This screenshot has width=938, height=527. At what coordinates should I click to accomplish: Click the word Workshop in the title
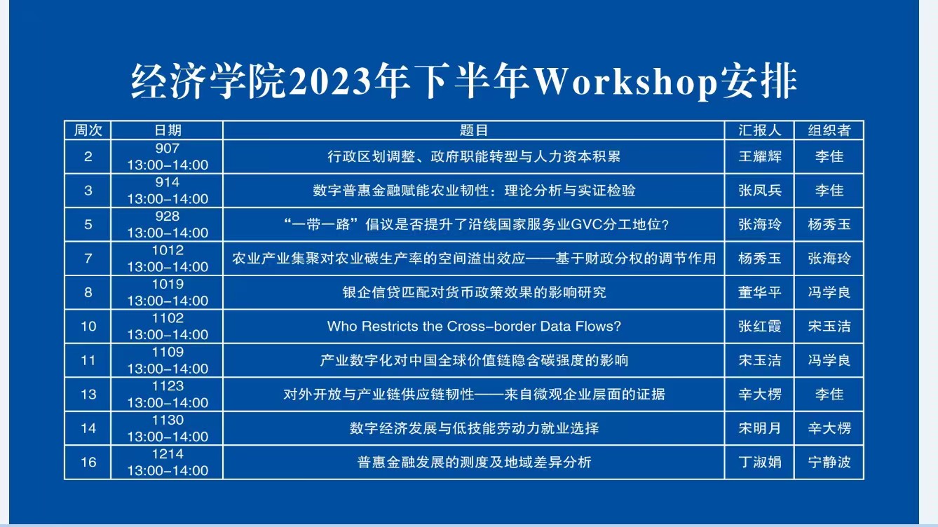pos(625,81)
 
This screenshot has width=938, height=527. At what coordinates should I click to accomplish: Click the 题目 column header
pos(474,130)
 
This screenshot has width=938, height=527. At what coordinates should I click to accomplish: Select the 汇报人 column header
pos(760,130)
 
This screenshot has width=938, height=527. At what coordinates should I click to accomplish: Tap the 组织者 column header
pos(829,130)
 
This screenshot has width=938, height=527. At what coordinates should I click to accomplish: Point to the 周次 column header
pos(88,130)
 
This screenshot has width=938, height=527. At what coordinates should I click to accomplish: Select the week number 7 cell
pos(88,259)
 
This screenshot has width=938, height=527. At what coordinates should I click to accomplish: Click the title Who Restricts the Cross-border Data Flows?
pos(474,326)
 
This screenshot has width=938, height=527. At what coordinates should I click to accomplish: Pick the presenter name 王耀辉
pos(760,156)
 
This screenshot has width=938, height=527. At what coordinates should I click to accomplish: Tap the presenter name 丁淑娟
pos(760,462)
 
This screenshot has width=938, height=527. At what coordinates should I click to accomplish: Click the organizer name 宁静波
pos(829,462)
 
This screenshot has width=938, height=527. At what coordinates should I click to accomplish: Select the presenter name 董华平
pos(760,292)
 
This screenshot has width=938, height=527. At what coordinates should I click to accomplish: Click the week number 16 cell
pos(88,462)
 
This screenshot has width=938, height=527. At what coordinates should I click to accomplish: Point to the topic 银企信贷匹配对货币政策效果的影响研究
pos(474,292)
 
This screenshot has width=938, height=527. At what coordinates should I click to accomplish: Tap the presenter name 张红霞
pos(760,326)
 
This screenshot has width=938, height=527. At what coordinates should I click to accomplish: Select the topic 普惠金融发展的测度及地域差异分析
pos(474,462)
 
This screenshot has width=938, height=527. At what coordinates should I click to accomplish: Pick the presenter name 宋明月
pos(760,428)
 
